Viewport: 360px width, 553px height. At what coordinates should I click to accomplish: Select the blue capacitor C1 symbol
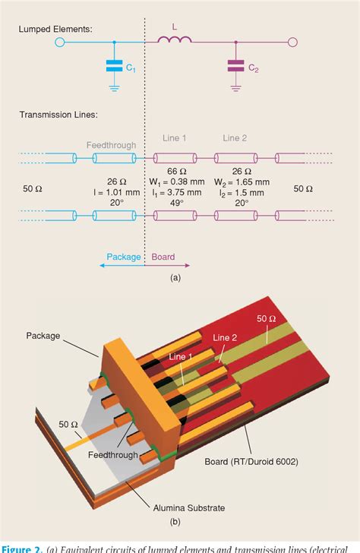click(x=114, y=68)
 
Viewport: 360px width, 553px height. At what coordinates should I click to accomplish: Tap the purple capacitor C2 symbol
click(x=236, y=68)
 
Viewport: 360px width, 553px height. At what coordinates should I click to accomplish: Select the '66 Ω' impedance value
click(x=175, y=172)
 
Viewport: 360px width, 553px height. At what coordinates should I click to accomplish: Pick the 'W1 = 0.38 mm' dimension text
click(x=175, y=182)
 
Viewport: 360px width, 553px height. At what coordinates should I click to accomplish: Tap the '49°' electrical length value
click(x=175, y=204)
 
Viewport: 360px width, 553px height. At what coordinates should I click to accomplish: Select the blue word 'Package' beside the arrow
click(x=123, y=257)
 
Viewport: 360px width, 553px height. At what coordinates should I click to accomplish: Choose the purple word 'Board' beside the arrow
click(x=163, y=257)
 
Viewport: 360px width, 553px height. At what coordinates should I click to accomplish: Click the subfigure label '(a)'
click(x=175, y=278)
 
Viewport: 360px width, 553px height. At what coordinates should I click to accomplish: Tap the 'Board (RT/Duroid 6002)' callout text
click(x=251, y=462)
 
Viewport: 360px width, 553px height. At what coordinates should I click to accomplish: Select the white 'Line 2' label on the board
click(x=226, y=337)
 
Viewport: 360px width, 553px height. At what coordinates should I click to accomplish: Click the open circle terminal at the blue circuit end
click(x=60, y=43)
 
